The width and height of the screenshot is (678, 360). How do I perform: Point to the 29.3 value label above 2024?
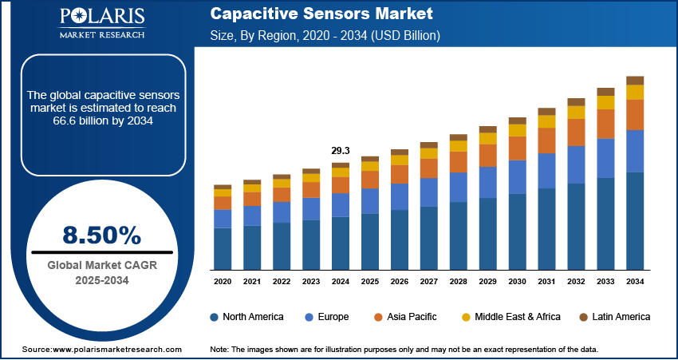(x=341, y=151)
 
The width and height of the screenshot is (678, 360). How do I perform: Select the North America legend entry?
(x=246, y=317)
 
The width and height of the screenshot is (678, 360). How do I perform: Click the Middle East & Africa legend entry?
(x=510, y=317)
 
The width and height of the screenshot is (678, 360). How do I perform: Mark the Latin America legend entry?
(x=614, y=317)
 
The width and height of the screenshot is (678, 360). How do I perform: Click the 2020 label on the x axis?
(x=223, y=282)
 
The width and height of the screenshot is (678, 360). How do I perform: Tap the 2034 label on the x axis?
(x=635, y=282)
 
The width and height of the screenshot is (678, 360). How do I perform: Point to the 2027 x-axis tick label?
(x=429, y=282)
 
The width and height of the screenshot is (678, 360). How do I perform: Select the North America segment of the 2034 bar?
(x=635, y=220)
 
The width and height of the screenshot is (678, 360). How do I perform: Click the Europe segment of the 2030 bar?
(x=518, y=176)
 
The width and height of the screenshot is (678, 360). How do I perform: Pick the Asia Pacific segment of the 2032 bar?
(x=576, y=132)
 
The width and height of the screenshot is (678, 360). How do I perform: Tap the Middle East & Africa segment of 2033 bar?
(x=605, y=102)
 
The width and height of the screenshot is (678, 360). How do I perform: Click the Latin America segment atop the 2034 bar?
(x=635, y=80)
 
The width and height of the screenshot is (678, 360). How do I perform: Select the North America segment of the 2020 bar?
(x=223, y=248)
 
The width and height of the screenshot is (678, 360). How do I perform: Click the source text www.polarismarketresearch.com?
(x=101, y=350)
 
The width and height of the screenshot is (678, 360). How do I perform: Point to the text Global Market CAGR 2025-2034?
(x=101, y=272)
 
